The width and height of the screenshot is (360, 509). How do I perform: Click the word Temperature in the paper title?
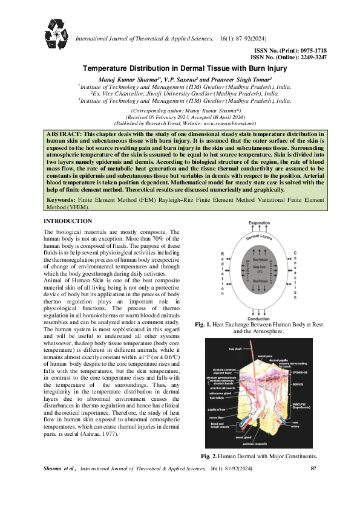tap(108, 70)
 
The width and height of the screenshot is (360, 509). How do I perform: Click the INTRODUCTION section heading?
tap(68, 221)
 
